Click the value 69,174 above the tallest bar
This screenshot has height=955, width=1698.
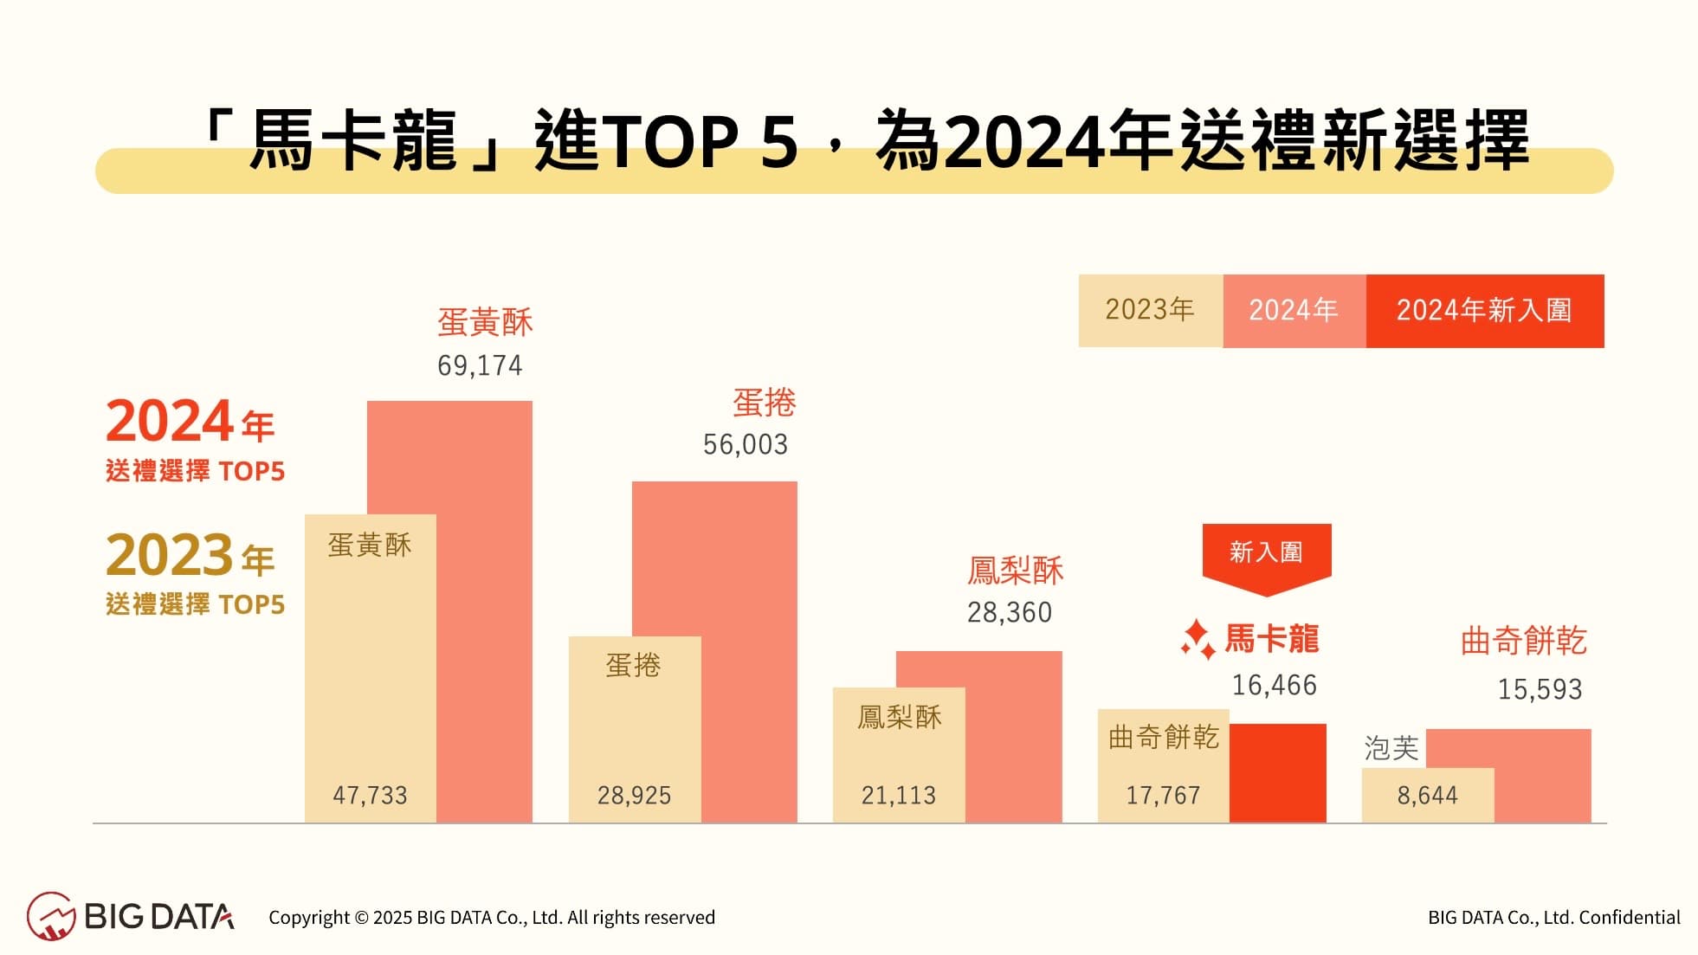pos(480,365)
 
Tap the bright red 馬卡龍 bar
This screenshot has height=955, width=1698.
pos(1277,773)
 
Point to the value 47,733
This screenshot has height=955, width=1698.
pos(370,795)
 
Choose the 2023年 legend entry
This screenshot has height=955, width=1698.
pos(1150,310)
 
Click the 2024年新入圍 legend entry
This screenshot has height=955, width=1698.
pos(1484,310)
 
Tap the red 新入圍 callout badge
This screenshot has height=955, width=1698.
pos(1266,552)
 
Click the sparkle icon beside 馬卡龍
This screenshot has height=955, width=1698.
pos(1198,640)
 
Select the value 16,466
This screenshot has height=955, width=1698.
pos(1274,685)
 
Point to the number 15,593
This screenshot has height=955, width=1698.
pos(1540,689)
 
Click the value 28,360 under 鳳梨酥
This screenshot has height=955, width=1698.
pos(1009,612)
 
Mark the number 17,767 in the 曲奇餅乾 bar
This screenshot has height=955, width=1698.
pos(1162,795)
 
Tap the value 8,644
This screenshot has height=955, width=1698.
pos(1427,795)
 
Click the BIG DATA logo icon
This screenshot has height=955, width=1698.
pos(51,916)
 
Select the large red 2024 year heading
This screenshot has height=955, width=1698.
pos(170,422)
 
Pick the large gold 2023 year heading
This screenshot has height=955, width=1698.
pos(170,555)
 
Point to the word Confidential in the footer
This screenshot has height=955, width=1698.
pos(1629,917)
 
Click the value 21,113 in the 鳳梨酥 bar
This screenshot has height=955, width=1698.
pos(898,795)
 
